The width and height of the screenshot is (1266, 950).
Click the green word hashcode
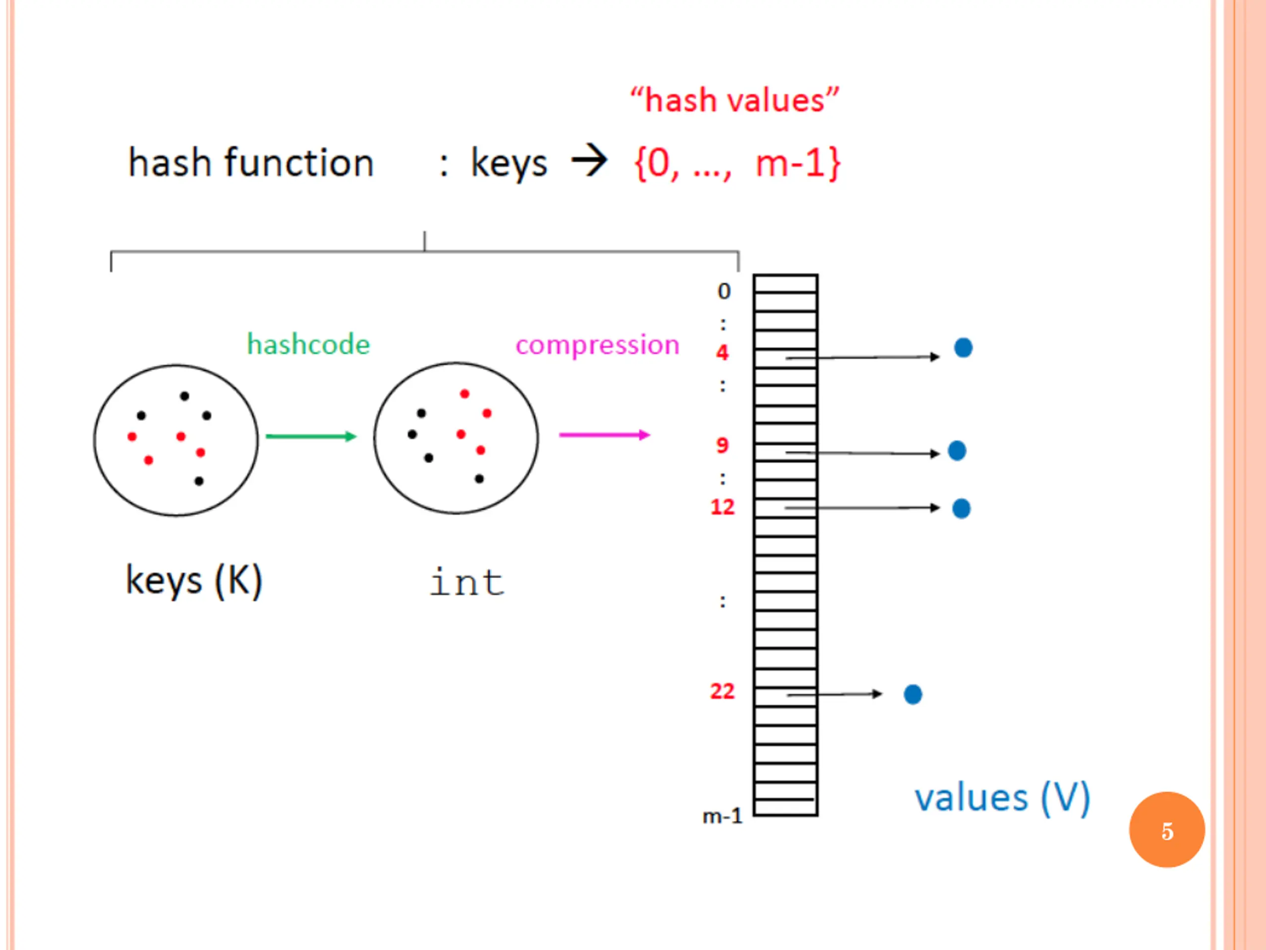pos(309,345)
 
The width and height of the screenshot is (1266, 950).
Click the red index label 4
pos(723,352)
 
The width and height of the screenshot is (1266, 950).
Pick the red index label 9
pos(723,445)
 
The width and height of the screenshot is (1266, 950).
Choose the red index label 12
pos(723,507)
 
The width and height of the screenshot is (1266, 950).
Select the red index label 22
pos(723,691)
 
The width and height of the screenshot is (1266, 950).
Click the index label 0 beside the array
pos(724,291)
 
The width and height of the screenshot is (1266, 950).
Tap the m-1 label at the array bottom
pos(723,816)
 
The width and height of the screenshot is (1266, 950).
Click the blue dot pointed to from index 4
pos(963,347)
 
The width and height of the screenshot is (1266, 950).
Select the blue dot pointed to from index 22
pos(913,694)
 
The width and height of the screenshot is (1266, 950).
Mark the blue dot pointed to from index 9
pos(957,451)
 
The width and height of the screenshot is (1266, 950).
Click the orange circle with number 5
pos(1167,830)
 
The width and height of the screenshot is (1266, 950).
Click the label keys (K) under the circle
pos(194,581)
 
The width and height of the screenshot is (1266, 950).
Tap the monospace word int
pos(467,582)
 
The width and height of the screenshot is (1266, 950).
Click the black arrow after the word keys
pos(589,161)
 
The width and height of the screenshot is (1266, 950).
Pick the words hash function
pos(251,163)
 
